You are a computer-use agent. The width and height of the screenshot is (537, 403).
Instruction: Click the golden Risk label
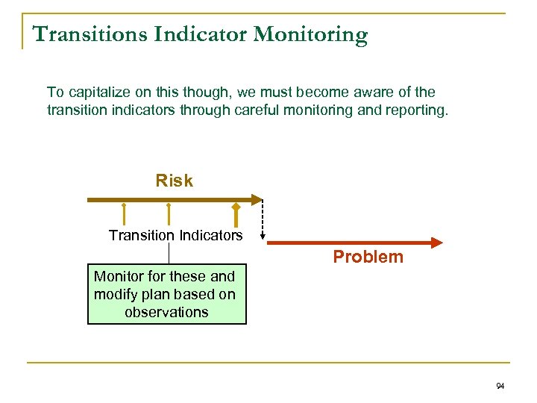tap(174, 181)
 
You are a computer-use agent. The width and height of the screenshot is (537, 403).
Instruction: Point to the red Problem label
tap(368, 257)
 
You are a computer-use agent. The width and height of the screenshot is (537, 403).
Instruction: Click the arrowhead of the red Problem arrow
tap(436, 243)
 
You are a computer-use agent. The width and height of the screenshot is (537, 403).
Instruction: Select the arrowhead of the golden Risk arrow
tap(258, 200)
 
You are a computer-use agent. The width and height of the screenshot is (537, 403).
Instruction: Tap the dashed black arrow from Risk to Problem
tap(263, 220)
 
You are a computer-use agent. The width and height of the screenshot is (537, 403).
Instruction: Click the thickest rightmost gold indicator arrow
tap(236, 214)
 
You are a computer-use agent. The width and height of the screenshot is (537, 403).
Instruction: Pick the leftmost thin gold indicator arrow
tap(124, 213)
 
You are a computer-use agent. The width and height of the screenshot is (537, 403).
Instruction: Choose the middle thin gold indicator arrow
tap(169, 213)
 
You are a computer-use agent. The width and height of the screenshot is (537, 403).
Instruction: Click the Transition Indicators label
tap(175, 236)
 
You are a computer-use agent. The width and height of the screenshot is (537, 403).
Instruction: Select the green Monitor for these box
tap(166, 294)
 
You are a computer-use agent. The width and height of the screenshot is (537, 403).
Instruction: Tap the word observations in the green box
tap(166, 313)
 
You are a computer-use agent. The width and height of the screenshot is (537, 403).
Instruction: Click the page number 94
tap(500, 386)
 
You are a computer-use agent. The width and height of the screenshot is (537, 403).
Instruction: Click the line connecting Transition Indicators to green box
tap(169, 253)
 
